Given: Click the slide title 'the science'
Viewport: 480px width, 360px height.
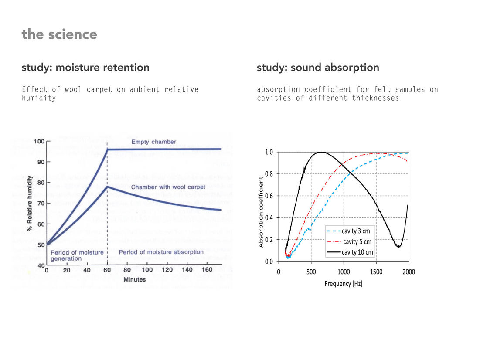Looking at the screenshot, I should (x=59, y=34).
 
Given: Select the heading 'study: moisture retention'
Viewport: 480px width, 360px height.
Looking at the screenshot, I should (x=85, y=68).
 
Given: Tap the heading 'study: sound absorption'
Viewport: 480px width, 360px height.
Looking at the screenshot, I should (x=318, y=68).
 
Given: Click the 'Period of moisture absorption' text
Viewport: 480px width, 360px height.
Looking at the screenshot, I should (x=161, y=252).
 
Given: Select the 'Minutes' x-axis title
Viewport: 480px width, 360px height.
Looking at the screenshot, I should (x=134, y=279).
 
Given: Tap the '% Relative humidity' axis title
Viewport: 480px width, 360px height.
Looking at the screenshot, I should (x=30, y=204).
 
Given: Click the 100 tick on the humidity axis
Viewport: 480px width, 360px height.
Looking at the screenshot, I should (x=39, y=142).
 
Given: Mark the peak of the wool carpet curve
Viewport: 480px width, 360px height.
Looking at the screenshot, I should (x=107, y=187).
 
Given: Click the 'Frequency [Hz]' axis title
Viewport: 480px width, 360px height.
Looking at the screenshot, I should (x=344, y=284).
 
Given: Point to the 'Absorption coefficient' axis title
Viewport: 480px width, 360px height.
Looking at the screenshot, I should (x=261, y=212).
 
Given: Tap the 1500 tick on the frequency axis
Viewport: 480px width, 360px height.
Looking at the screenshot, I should (x=376, y=272).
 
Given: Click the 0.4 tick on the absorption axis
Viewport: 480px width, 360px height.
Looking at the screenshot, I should (x=269, y=218).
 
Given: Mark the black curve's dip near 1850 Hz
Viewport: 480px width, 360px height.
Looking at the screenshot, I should (x=398, y=247).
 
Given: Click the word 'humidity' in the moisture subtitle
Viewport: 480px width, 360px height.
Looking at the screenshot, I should (x=39, y=98).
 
